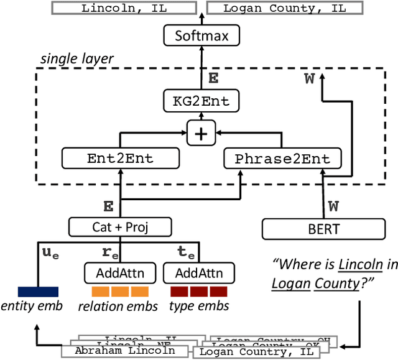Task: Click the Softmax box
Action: [x=200, y=35]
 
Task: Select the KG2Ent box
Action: [x=200, y=100]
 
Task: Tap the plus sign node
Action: [x=200, y=132]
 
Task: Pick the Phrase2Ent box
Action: [x=282, y=158]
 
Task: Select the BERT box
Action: [x=323, y=229]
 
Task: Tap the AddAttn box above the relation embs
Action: [x=119, y=272]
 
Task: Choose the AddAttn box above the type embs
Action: [x=199, y=272]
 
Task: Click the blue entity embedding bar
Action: [x=38, y=291]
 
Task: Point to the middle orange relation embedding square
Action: [x=120, y=291]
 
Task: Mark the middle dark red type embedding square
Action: [x=199, y=291]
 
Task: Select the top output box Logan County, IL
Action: [x=284, y=8]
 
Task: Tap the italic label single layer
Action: [x=77, y=59]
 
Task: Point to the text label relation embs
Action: [x=119, y=306]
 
